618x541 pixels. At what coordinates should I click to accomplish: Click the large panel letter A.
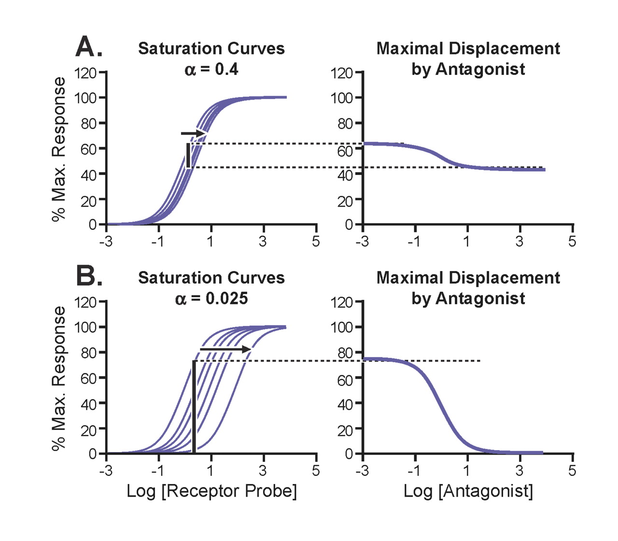click(x=89, y=47)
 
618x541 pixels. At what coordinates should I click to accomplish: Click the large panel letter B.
click(x=89, y=276)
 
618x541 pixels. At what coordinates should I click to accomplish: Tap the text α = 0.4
click(x=211, y=70)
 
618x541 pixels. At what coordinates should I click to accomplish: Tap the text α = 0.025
click(x=211, y=299)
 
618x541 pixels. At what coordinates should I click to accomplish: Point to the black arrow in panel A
click(x=194, y=133)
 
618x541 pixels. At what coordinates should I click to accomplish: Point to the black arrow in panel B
click(x=225, y=349)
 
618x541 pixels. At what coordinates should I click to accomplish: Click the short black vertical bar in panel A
click(x=188, y=156)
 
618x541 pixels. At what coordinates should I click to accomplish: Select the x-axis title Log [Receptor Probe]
click(x=211, y=491)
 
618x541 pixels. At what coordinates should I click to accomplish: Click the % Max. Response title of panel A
click(x=59, y=149)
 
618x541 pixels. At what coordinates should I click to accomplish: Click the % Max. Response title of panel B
click(x=59, y=378)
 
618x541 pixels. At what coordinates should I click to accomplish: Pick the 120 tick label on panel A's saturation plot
click(x=85, y=73)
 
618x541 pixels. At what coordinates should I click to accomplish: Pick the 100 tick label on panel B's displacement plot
click(x=341, y=327)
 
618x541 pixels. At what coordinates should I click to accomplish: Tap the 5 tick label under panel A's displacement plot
click(x=572, y=241)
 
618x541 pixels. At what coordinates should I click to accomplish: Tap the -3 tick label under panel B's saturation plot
click(x=106, y=470)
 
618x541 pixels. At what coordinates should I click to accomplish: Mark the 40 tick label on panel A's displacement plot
click(x=345, y=174)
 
